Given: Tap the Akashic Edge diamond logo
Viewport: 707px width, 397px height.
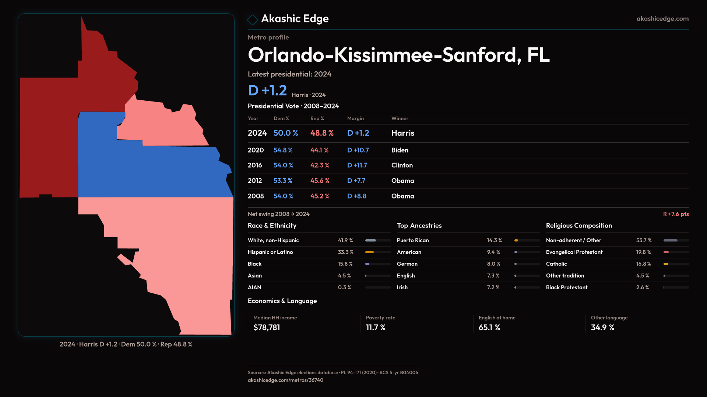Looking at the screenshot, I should [x=253, y=19].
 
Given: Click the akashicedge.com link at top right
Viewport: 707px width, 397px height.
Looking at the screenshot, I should [x=662, y=19].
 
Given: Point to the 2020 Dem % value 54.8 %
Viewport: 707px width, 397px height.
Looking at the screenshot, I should [x=283, y=150].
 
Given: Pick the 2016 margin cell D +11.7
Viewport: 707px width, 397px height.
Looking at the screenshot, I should [x=357, y=165].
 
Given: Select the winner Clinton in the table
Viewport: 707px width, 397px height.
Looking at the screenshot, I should [x=402, y=165].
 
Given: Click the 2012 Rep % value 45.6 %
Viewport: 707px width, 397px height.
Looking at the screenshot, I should [x=320, y=181].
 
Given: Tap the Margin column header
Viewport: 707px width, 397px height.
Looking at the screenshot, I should [x=355, y=118].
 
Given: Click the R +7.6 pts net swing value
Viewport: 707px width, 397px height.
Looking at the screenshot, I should [x=675, y=214].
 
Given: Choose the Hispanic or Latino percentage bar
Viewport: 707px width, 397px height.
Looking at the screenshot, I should [x=377, y=252].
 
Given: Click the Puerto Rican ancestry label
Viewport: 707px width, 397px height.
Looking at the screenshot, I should [x=412, y=240].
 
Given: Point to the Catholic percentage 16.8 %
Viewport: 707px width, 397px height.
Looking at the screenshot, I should [x=643, y=264].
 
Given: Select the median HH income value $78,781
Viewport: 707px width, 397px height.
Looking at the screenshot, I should [x=267, y=328].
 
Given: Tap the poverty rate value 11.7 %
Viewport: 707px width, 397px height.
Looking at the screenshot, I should [x=375, y=328].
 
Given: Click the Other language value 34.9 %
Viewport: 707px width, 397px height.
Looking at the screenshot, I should [x=602, y=328].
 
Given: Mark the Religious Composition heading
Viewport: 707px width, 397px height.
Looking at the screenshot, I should [x=578, y=226].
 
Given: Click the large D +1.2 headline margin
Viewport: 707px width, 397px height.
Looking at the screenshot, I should [x=267, y=90].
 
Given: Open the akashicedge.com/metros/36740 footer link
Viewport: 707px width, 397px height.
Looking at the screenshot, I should [x=285, y=380].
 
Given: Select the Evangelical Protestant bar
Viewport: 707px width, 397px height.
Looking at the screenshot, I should [x=676, y=252].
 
